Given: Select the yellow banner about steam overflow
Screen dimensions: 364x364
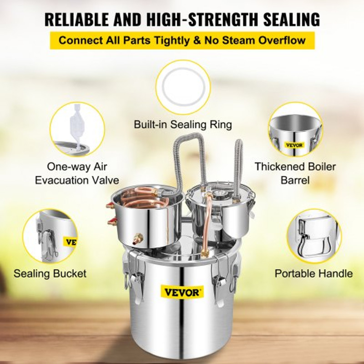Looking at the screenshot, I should click(x=182, y=40).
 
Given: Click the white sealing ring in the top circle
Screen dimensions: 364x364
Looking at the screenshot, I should click(x=183, y=87).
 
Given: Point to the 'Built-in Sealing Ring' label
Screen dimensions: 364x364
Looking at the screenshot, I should click(x=183, y=124).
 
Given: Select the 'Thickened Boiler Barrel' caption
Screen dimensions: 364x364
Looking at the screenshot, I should click(x=295, y=173).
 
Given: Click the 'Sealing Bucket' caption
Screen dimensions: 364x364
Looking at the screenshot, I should click(x=50, y=273).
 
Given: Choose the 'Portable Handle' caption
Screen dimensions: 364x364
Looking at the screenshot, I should click(x=313, y=273).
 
